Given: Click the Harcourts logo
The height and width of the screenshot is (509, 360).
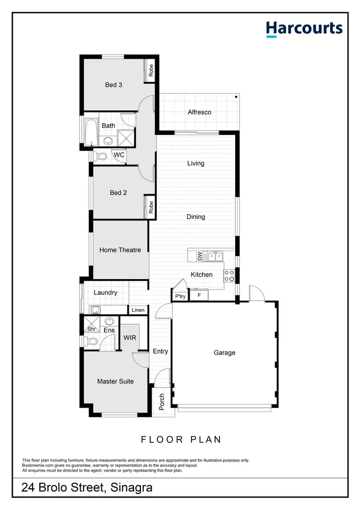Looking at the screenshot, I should [304, 29].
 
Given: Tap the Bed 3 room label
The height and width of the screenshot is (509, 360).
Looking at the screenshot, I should [114, 85].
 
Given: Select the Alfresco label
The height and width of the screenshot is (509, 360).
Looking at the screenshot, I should [199, 112].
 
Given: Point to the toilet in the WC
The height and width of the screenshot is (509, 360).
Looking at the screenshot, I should [101, 156].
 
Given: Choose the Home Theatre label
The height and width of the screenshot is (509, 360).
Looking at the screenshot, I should [120, 250].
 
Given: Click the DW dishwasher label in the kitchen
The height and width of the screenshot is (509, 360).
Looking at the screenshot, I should [200, 257].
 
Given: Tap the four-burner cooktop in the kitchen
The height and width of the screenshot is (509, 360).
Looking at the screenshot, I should [229, 275].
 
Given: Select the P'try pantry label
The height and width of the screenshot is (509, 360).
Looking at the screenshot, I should [180, 297].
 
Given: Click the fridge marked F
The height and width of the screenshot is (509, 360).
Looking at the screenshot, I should [199, 296].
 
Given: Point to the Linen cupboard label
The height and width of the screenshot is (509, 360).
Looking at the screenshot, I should [138, 310].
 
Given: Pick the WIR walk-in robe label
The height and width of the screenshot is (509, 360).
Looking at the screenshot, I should [130, 338].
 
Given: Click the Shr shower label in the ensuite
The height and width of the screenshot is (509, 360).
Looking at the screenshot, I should [91, 329].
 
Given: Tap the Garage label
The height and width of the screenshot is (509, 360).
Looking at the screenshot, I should [224, 353].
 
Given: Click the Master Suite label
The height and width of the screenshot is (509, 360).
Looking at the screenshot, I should [115, 381].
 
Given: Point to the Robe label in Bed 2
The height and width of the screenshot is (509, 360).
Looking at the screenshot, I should [150, 207].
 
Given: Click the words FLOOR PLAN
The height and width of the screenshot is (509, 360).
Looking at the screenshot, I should [180, 439].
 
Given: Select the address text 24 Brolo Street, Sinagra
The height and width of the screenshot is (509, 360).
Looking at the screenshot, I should [87, 488].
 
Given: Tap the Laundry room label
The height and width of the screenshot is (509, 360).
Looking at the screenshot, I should [105, 293].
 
